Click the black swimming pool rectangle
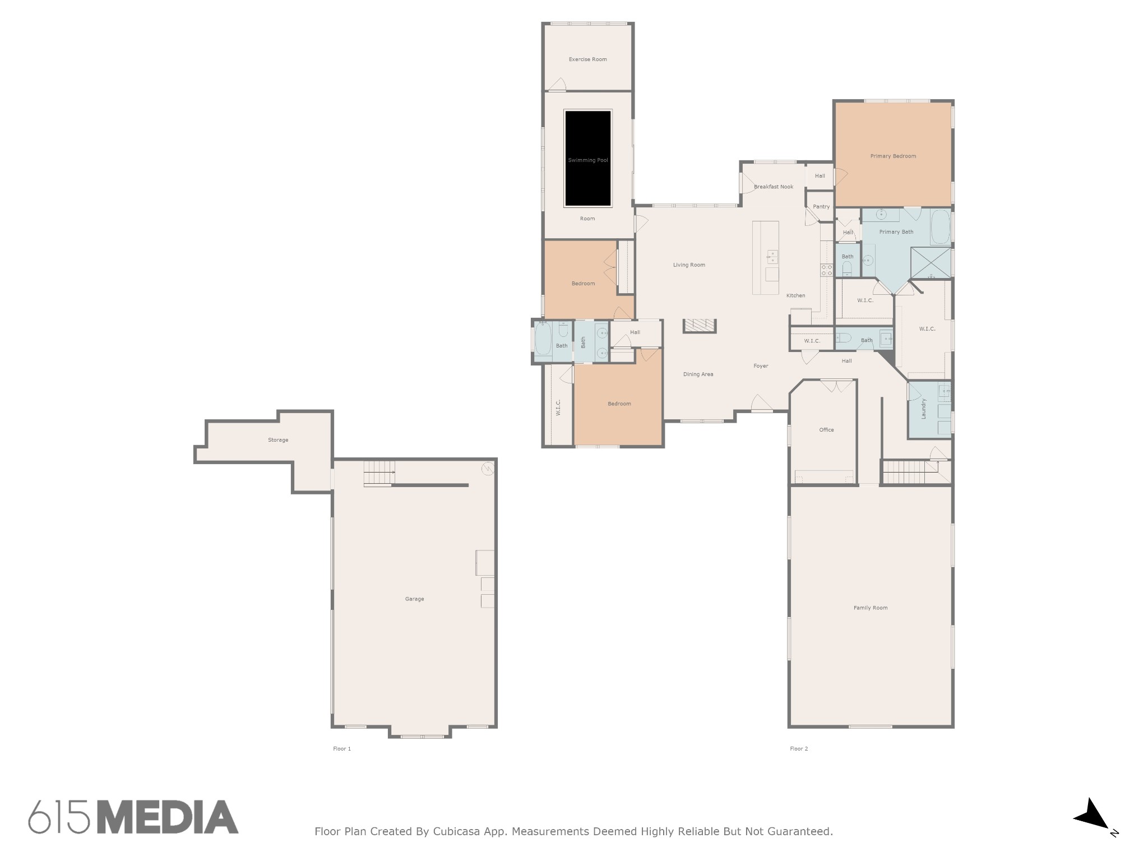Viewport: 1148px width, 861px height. [x=587, y=158]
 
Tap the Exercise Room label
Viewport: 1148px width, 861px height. [x=587, y=59]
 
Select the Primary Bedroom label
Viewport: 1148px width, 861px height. [x=893, y=156]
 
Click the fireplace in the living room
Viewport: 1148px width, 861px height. [x=700, y=326]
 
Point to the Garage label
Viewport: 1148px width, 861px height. [x=415, y=599]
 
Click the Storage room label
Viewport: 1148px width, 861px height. [x=278, y=440]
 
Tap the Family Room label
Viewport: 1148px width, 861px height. [x=871, y=608]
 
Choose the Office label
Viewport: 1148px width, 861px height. [x=827, y=430]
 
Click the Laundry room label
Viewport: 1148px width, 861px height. [x=923, y=409]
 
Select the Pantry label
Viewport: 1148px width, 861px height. [x=821, y=207]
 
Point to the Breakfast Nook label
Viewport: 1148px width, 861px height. [x=774, y=187]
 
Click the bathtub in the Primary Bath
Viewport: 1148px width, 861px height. [x=940, y=227]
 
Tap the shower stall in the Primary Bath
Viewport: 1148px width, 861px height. [x=931, y=263]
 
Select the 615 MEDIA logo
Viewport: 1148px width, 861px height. [x=133, y=817]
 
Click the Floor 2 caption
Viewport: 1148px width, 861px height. [x=799, y=749]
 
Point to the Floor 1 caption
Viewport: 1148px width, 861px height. [x=342, y=749]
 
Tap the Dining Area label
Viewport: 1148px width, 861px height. [x=698, y=374]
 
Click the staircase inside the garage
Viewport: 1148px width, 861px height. [x=379, y=473]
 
